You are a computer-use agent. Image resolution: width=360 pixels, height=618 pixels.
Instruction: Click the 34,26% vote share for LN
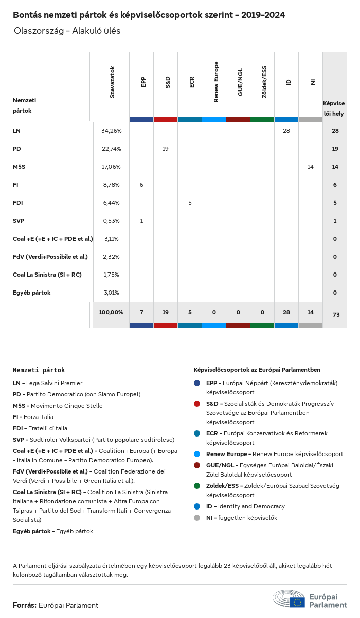(x=111, y=131)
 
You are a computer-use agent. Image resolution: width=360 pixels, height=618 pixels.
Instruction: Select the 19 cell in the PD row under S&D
(x=166, y=149)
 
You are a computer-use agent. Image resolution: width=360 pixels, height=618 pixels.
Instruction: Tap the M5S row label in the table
(x=20, y=167)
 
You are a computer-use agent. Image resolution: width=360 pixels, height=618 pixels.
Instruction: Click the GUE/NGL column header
(x=240, y=82)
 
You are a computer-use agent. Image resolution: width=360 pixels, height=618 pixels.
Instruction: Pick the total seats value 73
(x=336, y=314)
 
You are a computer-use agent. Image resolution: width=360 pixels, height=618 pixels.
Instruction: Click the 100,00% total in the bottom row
(x=111, y=312)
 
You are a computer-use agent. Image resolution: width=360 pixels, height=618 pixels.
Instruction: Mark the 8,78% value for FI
(x=111, y=185)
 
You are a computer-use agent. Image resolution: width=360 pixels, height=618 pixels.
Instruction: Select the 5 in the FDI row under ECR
(x=190, y=203)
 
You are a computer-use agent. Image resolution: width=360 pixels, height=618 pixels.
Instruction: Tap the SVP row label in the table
(x=19, y=221)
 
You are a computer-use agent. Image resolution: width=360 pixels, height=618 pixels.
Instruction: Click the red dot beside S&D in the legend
(x=197, y=404)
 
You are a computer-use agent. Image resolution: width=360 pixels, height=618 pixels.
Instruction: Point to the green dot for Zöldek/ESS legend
(x=197, y=486)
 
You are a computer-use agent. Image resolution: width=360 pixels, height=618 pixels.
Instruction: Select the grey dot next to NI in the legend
(x=197, y=518)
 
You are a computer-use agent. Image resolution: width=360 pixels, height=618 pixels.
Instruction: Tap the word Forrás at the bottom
(x=24, y=605)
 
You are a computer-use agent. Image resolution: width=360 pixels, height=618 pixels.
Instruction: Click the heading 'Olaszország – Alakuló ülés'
(x=67, y=31)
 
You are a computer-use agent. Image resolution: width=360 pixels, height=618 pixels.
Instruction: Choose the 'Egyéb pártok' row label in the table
(x=31, y=293)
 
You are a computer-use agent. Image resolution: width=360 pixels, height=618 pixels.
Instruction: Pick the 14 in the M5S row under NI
(x=310, y=167)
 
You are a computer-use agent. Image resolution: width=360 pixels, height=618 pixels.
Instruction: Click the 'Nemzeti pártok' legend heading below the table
(x=39, y=370)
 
